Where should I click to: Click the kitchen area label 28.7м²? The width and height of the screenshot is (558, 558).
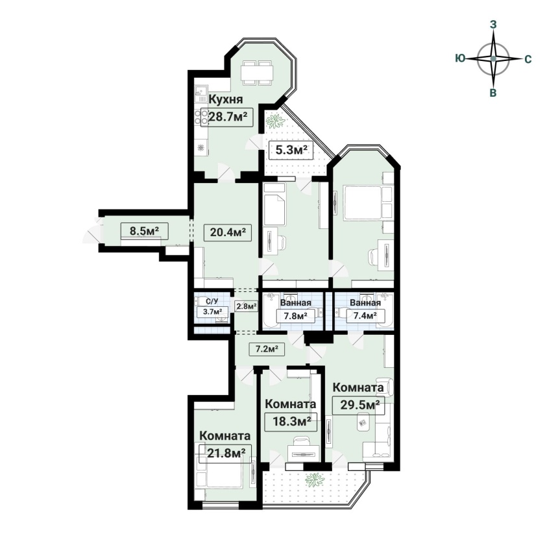coord(227,117)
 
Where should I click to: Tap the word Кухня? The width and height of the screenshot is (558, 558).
coord(226,99)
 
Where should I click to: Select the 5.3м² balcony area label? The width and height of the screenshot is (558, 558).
coord(291,151)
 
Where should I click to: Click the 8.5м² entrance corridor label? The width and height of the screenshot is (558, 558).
coord(144,231)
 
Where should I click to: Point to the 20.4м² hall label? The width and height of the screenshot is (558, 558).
coord(228,232)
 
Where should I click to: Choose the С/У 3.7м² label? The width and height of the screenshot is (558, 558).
coord(212,307)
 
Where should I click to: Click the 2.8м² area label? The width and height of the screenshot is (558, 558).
coord(247,306)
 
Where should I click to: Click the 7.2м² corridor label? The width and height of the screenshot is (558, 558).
coord(267,349)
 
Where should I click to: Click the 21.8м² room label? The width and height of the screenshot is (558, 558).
coord(226,453)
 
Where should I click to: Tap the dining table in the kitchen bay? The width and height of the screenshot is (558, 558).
coord(256,73)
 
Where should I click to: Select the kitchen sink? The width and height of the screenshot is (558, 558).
coord(200,94)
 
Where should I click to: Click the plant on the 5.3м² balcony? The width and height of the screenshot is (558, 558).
coord(276,121)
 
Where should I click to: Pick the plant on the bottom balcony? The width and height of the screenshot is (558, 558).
coord(315,479)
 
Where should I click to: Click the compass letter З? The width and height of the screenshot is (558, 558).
coord(493,24)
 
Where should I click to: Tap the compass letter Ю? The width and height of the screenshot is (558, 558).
coord(460,58)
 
